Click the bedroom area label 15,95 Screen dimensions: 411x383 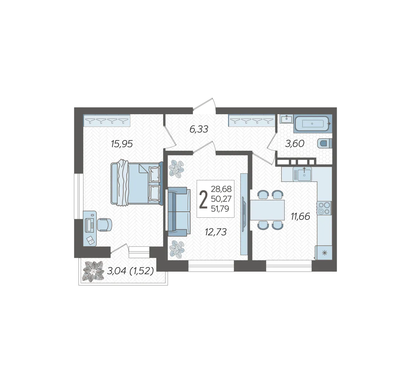click(122, 144)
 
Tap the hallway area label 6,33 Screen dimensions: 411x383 click(199, 129)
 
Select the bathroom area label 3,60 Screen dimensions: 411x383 click(294, 144)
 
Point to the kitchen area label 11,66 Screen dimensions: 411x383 click(301, 217)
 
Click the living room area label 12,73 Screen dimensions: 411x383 click(216, 232)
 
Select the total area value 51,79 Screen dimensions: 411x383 click(220, 209)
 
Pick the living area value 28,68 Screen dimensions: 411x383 click(221, 189)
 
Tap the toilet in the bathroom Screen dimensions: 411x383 click(325, 143)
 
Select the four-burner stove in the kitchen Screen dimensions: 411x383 click(324, 208)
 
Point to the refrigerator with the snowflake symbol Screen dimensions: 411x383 click(324, 252)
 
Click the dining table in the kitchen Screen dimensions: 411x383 click(267, 210)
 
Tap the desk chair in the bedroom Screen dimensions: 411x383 click(104, 225)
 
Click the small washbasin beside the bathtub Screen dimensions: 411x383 click(286, 119)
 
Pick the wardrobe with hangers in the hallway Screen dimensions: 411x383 click(252, 121)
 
